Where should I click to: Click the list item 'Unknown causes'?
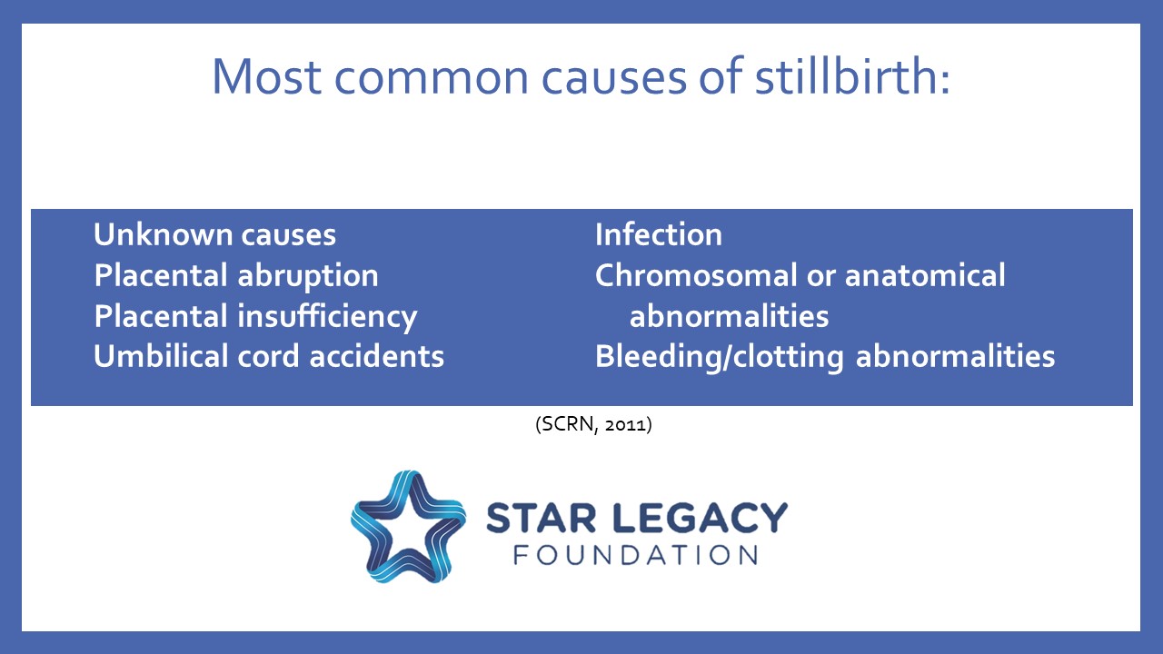[x=214, y=235]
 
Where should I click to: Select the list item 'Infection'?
[x=659, y=235]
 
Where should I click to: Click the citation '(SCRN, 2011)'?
[x=593, y=424]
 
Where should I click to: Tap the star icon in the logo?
[x=408, y=526]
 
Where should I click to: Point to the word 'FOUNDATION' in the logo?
[x=635, y=555]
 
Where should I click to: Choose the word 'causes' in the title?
[x=628, y=76]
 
